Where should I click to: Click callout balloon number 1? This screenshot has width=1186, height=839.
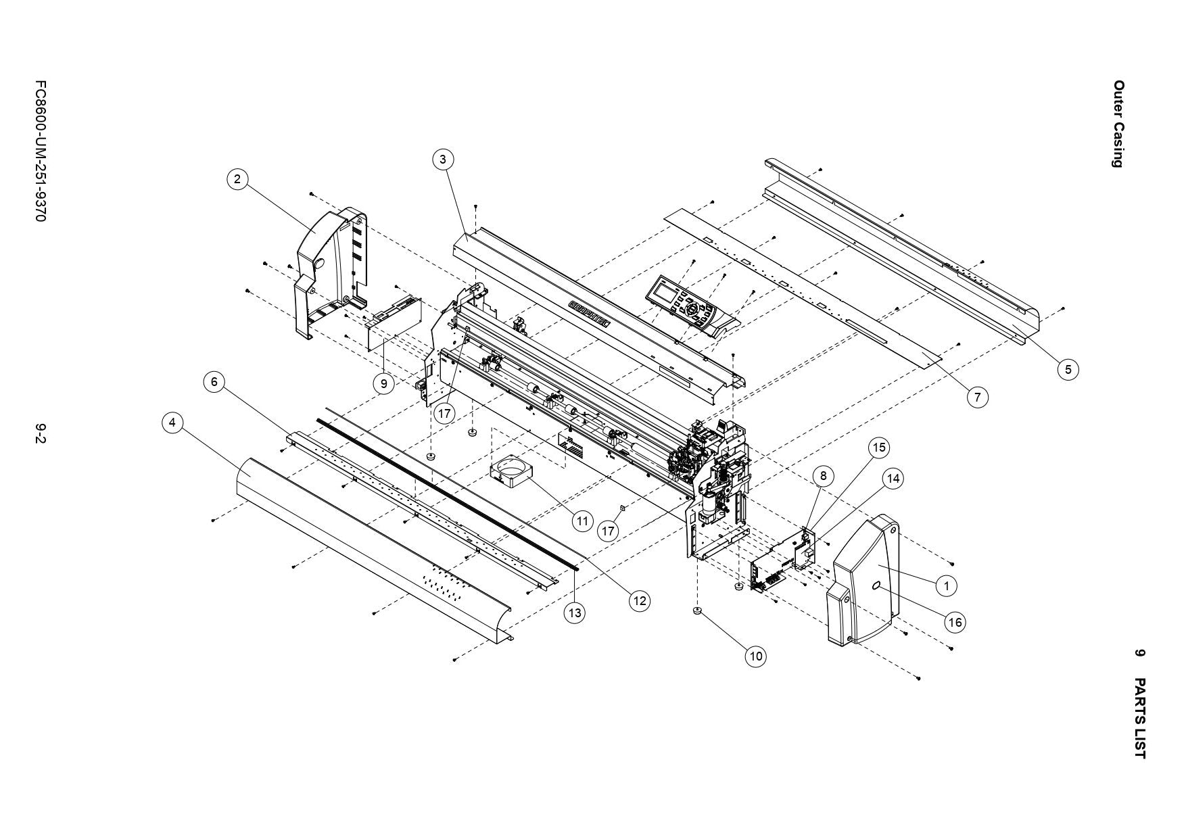pos(947,585)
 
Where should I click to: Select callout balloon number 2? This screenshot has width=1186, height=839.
pos(237,179)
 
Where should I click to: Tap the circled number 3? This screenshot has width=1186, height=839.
pos(442,160)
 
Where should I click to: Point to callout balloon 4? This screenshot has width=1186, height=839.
pos(173,423)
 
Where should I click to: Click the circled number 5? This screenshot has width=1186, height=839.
pos(1068,369)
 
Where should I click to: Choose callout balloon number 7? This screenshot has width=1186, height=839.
pos(977,397)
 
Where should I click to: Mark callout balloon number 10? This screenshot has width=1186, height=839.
pos(756,656)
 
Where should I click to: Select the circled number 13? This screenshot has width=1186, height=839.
pos(575,613)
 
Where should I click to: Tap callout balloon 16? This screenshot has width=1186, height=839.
pos(955,622)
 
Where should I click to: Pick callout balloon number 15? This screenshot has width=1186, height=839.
pos(878,448)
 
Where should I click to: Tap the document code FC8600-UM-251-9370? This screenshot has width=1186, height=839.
pos(41,152)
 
